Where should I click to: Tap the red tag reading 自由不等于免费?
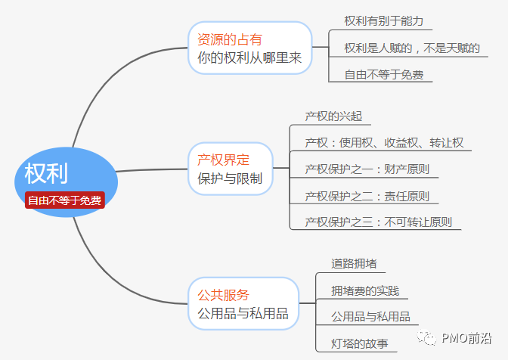65,200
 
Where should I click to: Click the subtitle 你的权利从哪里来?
249,57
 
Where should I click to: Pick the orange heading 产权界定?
223,160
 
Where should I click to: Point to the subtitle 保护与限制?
230,179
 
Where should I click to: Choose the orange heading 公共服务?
223,294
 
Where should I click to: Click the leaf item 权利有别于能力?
383,20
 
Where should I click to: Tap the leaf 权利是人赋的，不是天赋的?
412,48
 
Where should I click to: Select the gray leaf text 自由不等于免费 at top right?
383,74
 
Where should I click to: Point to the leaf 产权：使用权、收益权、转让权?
384,142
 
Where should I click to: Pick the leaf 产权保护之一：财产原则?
367,169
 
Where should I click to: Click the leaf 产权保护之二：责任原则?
367,196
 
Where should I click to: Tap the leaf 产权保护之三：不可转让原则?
378,222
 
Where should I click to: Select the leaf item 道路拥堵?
354,264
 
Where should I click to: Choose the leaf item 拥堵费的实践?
365,290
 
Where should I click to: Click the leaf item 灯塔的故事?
360,343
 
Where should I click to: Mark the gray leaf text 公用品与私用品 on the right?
370,317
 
